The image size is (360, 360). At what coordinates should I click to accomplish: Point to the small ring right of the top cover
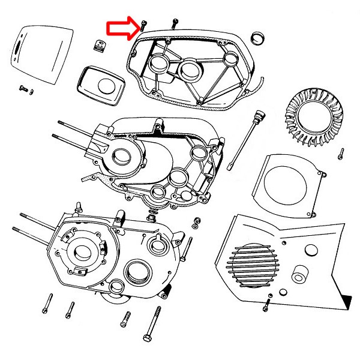point(259,37)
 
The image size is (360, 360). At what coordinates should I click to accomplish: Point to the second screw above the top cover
point(173,22)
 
